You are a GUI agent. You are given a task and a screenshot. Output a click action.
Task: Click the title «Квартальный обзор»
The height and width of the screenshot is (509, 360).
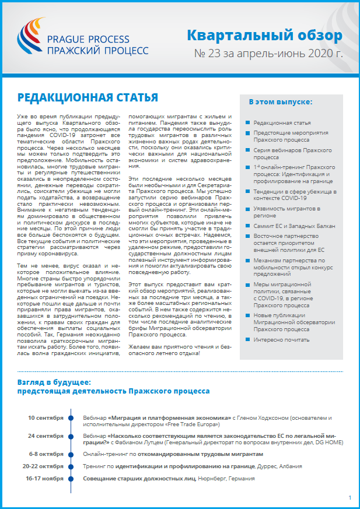pos(264,36)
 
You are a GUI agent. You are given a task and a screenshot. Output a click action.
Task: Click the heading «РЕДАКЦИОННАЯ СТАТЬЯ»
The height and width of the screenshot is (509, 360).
pos(88,97)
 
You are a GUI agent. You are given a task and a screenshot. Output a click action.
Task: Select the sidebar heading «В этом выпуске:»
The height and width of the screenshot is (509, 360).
pos(280,102)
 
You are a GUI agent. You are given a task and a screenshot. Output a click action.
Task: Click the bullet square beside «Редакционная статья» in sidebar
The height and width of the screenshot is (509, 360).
pos(248,123)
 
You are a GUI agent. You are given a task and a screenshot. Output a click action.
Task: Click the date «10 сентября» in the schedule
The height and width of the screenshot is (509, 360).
pos(46,418)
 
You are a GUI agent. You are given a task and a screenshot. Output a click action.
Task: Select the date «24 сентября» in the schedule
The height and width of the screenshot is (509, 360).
pos(46,435)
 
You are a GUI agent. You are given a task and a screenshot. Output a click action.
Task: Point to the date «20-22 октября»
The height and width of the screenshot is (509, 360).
pos(43,466)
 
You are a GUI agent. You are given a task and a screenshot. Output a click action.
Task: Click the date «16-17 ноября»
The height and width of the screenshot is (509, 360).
pos(45,479)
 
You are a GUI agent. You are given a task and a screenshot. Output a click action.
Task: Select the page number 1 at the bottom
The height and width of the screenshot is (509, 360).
pos(349,497)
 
